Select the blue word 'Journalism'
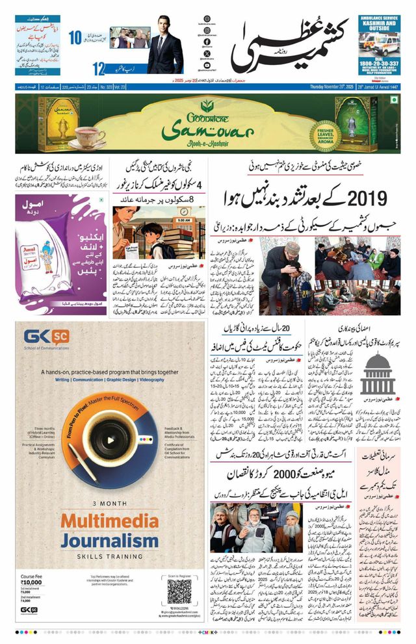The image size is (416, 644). (110, 540)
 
